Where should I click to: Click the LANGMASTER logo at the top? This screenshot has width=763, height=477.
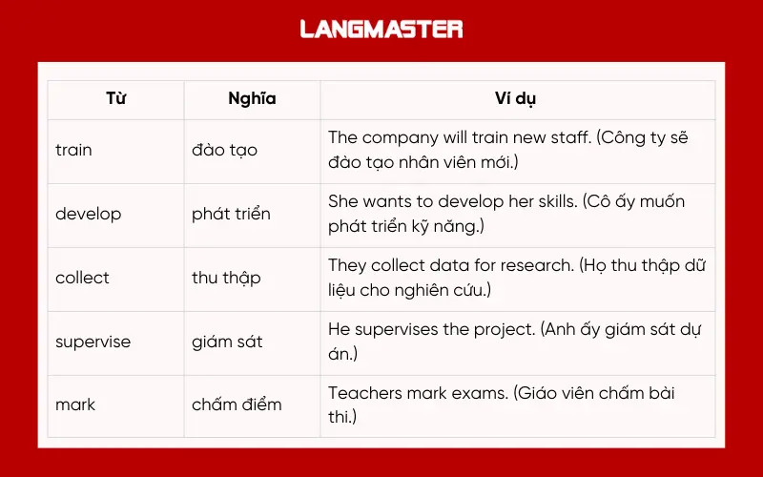(381, 29)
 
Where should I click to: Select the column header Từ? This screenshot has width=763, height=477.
(115, 98)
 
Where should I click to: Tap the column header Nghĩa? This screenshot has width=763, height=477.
(252, 98)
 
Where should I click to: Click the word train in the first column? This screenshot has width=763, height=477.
(74, 150)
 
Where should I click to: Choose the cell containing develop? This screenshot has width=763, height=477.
(89, 214)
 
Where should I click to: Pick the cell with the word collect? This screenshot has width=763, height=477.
(83, 278)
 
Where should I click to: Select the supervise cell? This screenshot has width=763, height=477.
(93, 342)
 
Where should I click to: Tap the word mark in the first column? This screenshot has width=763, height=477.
(75, 404)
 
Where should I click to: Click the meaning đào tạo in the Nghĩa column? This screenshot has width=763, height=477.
(225, 150)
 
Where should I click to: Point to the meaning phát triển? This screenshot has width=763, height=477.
(231, 214)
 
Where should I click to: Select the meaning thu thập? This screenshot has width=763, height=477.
(226, 278)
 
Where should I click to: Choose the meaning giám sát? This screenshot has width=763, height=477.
(227, 342)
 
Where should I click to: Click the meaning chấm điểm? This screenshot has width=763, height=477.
(237, 404)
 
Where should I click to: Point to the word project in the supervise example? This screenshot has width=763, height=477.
(498, 330)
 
